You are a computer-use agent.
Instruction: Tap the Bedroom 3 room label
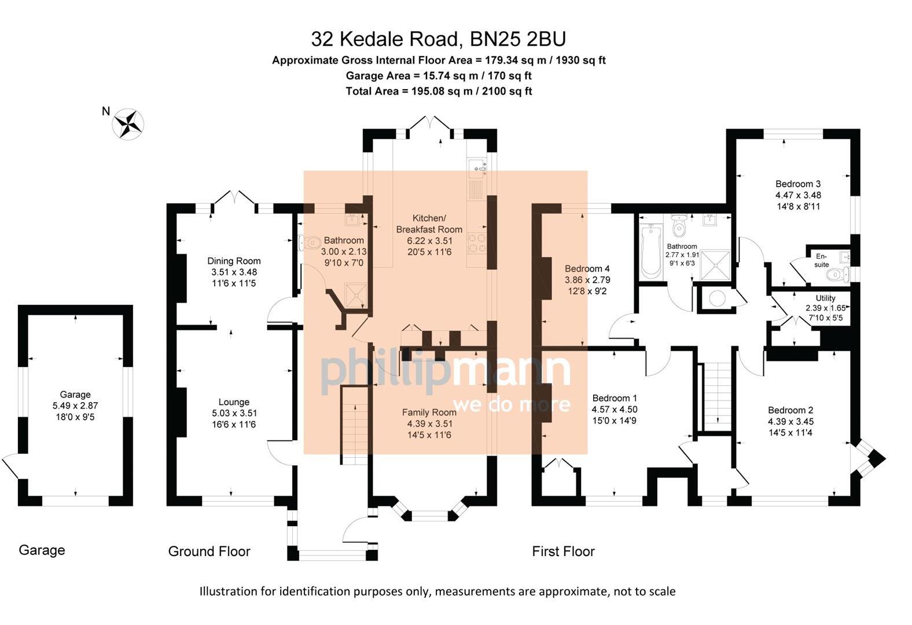tap(798, 184)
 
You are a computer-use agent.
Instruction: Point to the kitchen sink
tap(478, 167)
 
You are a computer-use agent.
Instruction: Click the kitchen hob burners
tap(477, 244)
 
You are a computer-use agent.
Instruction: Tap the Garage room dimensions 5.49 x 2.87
tap(75, 406)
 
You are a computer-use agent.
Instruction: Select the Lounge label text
tap(234, 402)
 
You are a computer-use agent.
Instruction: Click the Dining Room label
tap(234, 261)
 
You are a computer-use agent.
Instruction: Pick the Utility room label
tap(825, 298)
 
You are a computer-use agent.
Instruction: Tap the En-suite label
tap(821, 260)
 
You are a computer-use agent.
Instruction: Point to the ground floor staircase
tap(354, 422)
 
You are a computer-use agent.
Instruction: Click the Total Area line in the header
tap(439, 91)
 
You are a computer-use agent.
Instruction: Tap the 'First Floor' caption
tap(563, 552)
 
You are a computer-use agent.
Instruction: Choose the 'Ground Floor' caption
tap(209, 552)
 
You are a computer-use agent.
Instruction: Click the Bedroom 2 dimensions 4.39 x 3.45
tap(790, 421)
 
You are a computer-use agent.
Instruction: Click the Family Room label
tap(429, 412)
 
